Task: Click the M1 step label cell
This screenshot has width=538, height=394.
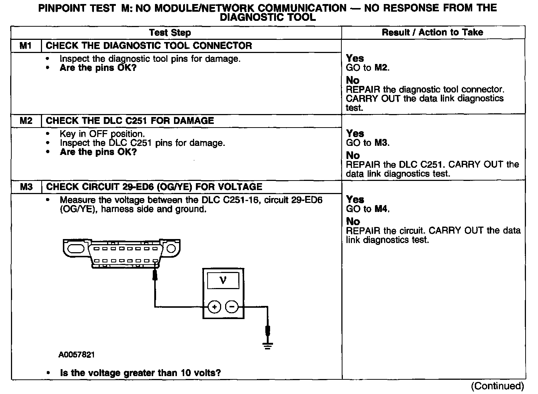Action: [26, 46]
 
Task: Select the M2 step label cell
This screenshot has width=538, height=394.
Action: [26, 121]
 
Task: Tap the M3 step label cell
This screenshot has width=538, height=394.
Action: [26, 187]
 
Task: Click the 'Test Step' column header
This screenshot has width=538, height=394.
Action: [170, 33]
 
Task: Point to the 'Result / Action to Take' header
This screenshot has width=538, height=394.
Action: [432, 33]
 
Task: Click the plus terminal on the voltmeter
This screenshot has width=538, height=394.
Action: [214, 307]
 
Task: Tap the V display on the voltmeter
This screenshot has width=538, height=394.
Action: [223, 281]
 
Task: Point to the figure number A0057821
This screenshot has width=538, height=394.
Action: [77, 355]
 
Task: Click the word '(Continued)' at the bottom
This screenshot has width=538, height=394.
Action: [497, 386]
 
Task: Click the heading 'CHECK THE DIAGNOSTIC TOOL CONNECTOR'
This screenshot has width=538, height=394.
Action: [149, 46]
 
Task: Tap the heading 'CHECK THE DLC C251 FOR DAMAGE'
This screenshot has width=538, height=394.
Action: [130, 121]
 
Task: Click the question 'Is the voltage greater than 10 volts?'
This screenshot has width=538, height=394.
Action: [140, 373]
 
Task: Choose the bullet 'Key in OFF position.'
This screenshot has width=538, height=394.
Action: [102, 134]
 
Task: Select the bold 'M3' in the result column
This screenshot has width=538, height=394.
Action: [382, 143]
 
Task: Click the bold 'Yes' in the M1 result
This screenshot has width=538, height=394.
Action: [355, 58]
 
